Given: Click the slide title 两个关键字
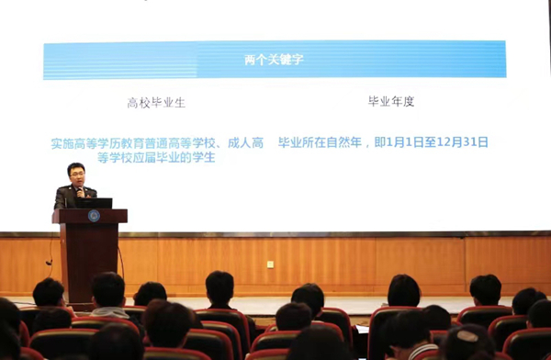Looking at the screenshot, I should point(274,60).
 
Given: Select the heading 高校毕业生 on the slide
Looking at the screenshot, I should point(156,102).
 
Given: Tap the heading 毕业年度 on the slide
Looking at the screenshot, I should point(390,101).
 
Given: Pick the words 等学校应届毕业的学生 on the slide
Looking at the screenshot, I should point(155,157).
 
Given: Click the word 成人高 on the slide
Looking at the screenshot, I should point(245,143).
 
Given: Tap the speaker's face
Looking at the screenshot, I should point(77,174).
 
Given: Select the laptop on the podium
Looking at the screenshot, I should point(95,203).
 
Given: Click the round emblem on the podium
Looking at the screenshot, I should point(94,216).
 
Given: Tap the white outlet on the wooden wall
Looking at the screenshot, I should point(269,264).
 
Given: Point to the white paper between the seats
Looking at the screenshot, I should point(363,328).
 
